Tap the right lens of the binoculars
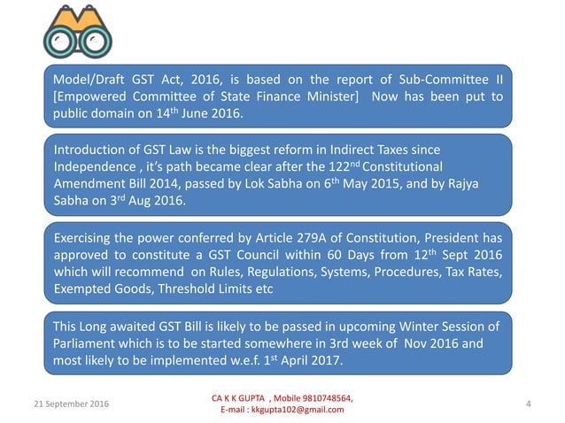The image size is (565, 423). pyautogui.click(x=90, y=42)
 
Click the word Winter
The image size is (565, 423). pyautogui.click(x=399, y=327)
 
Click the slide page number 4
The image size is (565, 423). pyautogui.click(x=528, y=404)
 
